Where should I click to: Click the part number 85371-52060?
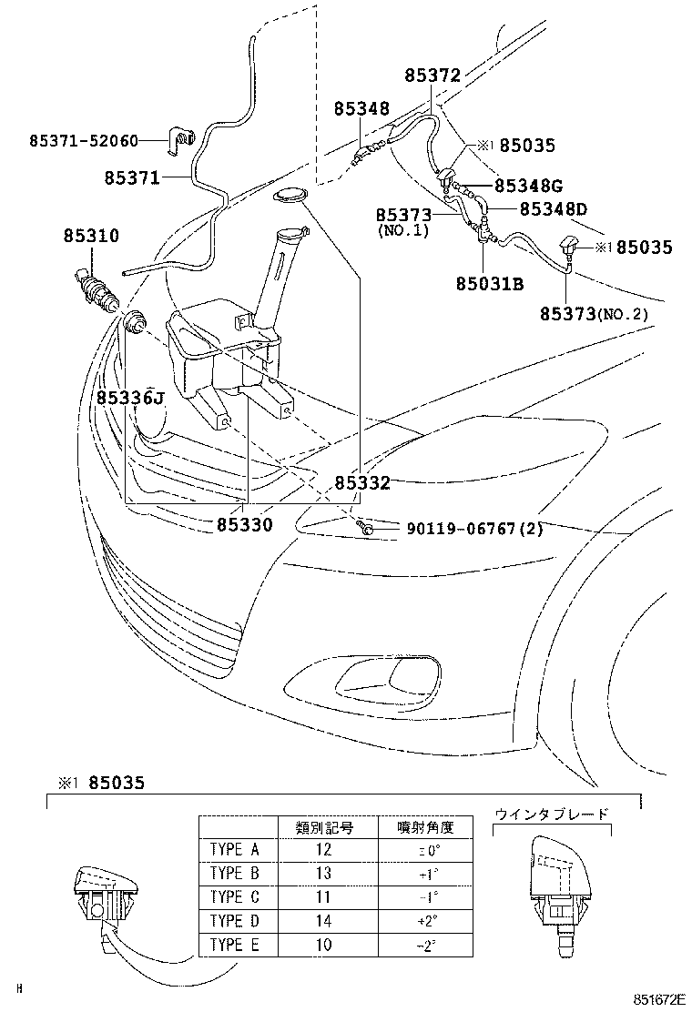point(84,141)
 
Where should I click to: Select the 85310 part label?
point(91,236)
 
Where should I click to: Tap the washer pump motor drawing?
point(96,284)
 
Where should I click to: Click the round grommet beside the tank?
point(135,321)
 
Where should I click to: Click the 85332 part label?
point(361,483)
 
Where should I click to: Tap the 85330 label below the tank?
point(244,525)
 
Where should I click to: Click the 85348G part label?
point(534,185)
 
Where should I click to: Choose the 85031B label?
point(490,284)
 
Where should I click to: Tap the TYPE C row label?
point(235,896)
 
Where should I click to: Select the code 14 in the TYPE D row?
point(325,920)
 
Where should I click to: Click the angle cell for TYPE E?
point(424,945)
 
